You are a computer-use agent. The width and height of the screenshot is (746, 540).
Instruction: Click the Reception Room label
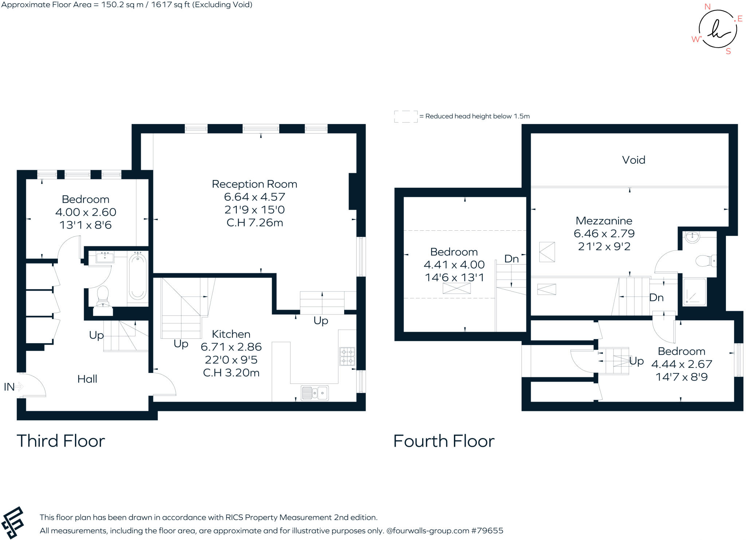click(x=254, y=184)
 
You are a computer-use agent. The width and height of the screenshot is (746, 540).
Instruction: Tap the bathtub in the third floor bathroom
click(x=137, y=277)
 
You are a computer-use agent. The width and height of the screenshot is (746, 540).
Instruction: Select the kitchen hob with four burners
click(x=347, y=356)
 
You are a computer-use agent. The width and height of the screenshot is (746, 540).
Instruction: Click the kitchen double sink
click(x=315, y=393)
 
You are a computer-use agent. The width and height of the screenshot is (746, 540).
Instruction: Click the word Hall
click(x=87, y=379)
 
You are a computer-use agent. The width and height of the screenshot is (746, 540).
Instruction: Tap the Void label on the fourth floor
click(x=633, y=160)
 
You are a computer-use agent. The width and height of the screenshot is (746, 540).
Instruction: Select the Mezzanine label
click(x=604, y=221)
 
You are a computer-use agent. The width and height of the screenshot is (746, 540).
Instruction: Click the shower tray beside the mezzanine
click(x=694, y=292)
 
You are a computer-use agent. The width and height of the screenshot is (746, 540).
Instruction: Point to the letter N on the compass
click(x=707, y=7)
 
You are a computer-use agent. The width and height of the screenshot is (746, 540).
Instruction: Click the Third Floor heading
click(x=61, y=441)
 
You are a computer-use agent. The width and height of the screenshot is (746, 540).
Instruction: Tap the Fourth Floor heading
click(x=444, y=441)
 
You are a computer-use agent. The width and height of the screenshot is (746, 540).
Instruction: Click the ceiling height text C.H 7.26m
click(x=254, y=223)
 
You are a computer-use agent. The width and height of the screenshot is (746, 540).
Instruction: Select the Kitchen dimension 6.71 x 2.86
click(x=231, y=347)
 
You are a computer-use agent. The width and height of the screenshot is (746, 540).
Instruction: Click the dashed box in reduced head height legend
click(x=406, y=116)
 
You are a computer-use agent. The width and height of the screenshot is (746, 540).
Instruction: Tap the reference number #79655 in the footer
click(x=487, y=531)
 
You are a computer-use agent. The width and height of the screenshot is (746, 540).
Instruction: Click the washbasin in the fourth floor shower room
click(x=692, y=237)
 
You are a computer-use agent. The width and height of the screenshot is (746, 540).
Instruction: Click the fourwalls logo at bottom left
click(x=13, y=522)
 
